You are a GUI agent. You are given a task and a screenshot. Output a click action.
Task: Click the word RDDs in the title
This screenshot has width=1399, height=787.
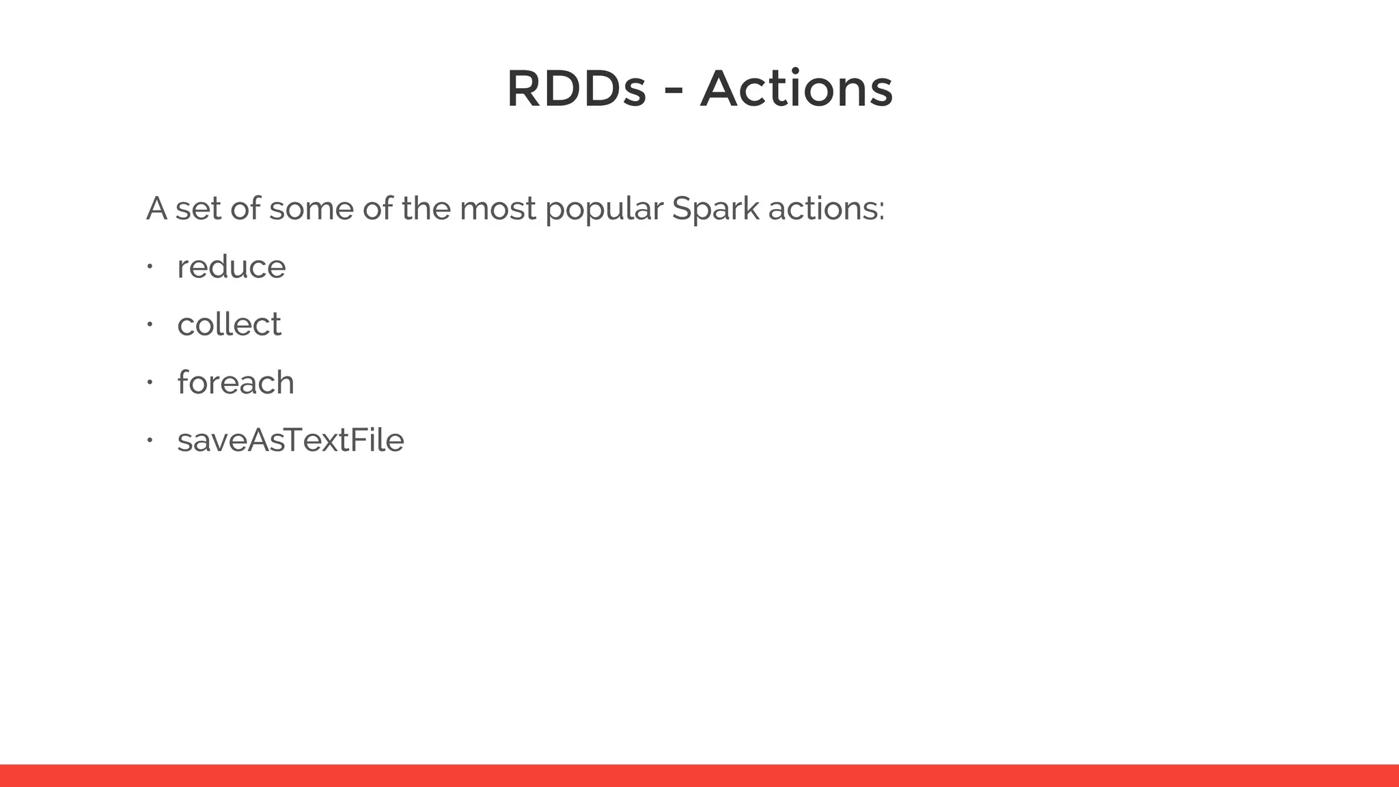click(576, 89)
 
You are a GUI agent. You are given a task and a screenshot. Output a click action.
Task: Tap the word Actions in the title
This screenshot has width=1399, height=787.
click(797, 89)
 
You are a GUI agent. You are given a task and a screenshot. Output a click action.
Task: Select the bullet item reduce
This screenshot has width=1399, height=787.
click(231, 266)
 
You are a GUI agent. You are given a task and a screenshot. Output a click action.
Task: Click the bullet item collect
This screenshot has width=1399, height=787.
click(229, 325)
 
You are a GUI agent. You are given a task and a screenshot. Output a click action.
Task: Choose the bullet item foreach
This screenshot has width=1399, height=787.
click(236, 383)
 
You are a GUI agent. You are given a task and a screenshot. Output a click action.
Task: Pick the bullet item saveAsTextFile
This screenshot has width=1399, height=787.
click(290, 440)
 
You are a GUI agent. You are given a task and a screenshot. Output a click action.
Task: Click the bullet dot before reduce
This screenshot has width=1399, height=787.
click(149, 266)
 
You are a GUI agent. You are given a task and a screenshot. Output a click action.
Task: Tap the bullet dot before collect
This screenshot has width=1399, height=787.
click(149, 325)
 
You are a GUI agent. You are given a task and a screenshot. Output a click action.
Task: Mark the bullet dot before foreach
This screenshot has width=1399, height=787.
click(149, 382)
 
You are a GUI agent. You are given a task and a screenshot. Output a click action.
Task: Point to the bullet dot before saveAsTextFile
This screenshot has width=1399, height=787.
click(149, 440)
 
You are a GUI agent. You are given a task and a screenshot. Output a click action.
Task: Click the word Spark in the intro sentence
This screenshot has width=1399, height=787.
click(715, 209)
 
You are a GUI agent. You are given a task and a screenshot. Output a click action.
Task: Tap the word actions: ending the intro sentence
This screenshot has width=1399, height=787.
click(826, 209)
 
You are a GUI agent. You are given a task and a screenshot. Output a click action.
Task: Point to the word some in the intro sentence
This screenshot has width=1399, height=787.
click(311, 209)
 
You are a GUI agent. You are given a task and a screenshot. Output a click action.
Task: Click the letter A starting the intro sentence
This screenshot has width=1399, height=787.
click(156, 208)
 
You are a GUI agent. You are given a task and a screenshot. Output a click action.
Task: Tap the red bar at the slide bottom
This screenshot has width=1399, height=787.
click(699, 775)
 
